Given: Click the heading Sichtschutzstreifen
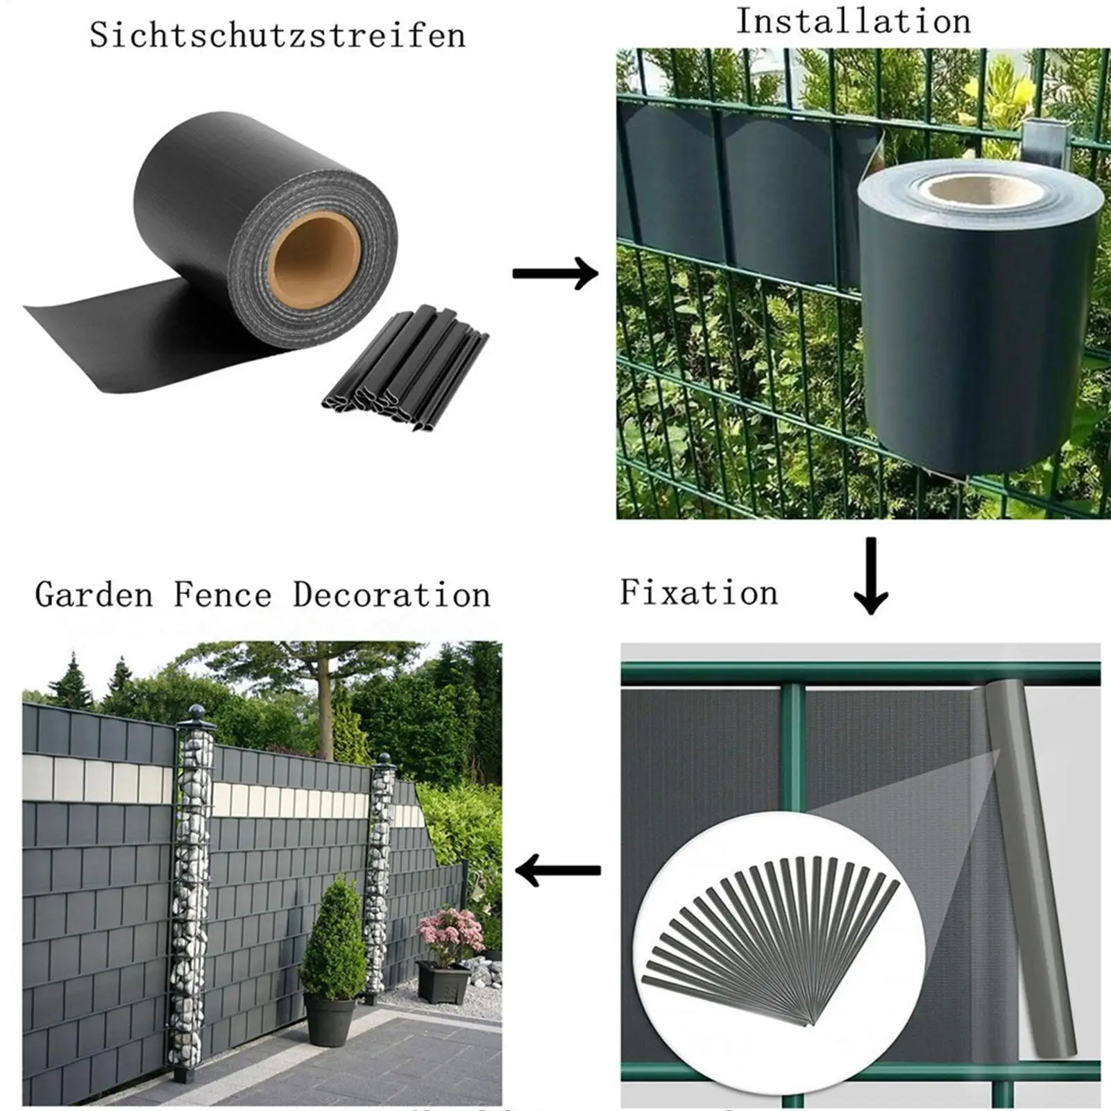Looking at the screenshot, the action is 278,35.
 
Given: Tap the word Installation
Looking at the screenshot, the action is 853,22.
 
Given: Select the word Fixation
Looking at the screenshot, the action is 699,593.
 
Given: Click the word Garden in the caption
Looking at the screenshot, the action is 94,595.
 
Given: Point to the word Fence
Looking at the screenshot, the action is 222,595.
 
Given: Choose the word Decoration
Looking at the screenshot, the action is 391,595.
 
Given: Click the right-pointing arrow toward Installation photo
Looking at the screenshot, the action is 555,273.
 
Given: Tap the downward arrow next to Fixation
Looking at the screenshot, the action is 871,575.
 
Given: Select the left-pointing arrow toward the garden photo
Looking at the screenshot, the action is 558,870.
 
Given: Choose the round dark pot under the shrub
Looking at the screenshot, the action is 331,1019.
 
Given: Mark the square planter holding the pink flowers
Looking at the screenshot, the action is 443,982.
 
